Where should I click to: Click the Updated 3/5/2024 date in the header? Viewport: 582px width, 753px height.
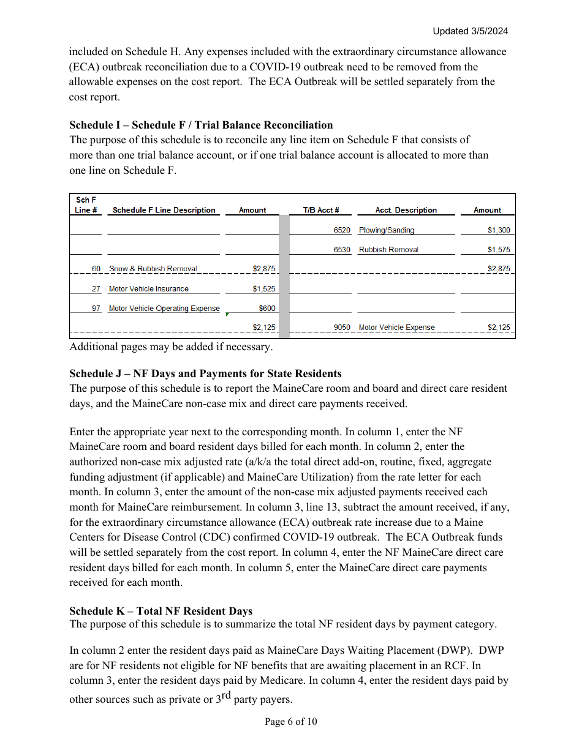470,31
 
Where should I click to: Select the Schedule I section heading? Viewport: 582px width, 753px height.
201,125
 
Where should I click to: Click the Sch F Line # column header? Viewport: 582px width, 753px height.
86,205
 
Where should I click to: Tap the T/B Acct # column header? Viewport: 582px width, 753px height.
321,210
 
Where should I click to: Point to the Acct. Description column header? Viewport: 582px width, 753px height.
406,210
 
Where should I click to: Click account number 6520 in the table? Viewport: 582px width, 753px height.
342,230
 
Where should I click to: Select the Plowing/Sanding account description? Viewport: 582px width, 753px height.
387,230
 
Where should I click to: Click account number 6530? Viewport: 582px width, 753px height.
342,250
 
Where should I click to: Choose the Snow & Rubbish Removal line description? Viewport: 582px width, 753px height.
153,269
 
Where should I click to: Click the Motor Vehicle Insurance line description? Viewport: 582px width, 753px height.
149,289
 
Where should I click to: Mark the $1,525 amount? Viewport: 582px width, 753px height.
264,289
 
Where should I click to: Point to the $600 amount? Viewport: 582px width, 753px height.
267,309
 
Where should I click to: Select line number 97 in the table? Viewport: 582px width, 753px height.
96,309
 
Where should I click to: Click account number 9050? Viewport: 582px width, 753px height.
342,328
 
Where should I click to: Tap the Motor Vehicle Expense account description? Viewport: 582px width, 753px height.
396,328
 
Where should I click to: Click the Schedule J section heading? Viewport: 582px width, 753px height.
205,373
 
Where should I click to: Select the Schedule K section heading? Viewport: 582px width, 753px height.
161,611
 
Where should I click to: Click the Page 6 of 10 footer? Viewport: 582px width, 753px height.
290,722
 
